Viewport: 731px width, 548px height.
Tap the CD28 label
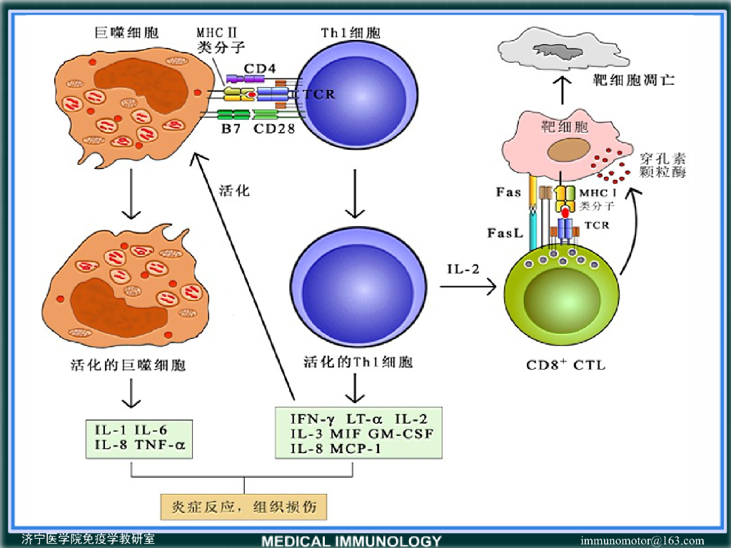tap(274, 130)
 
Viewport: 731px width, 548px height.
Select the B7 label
tap(230, 130)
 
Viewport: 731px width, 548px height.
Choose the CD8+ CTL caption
tap(565, 365)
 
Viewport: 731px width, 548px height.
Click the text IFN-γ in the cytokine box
tap(313, 417)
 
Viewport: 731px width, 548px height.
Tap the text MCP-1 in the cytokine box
tap(356, 449)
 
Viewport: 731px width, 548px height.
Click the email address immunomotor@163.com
tap(642, 540)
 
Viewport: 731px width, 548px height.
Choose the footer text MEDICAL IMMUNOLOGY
tap(351, 541)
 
